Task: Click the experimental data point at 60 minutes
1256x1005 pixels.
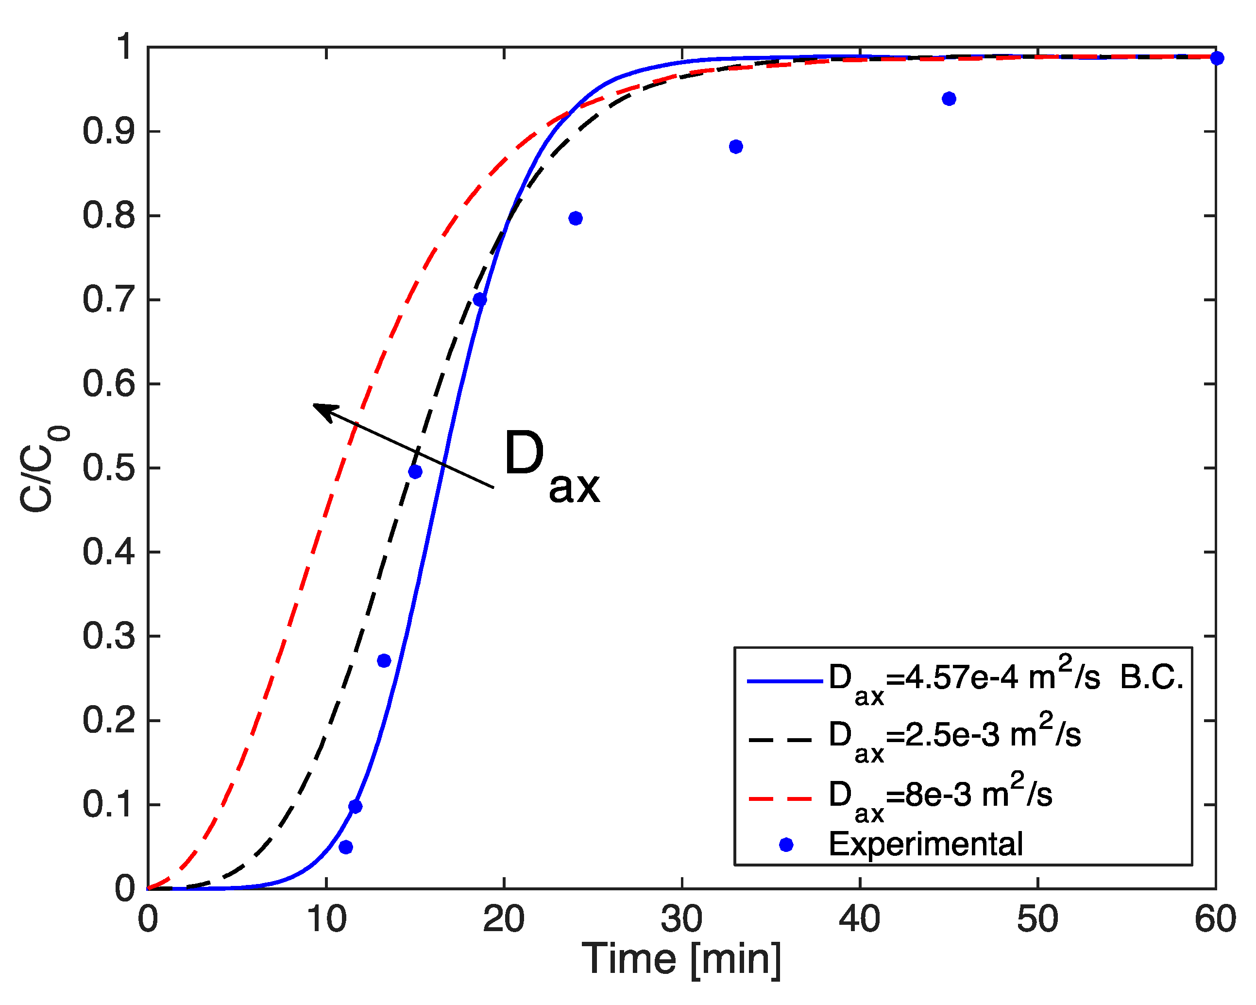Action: click(1216, 58)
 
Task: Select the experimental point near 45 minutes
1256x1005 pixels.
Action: click(949, 99)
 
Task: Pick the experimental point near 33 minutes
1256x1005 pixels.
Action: click(736, 146)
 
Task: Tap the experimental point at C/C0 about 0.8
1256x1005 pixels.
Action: click(575, 218)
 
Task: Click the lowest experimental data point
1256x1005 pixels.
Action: click(345, 847)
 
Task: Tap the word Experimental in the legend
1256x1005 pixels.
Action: click(926, 844)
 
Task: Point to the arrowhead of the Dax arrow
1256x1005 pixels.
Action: click(318, 406)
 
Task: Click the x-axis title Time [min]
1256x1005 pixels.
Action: click(681, 958)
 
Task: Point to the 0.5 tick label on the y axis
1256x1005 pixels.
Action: click(108, 468)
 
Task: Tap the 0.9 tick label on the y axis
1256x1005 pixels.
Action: click(108, 131)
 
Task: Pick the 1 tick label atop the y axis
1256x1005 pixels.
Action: click(124, 47)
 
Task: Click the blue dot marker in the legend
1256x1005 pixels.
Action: click(786, 844)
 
